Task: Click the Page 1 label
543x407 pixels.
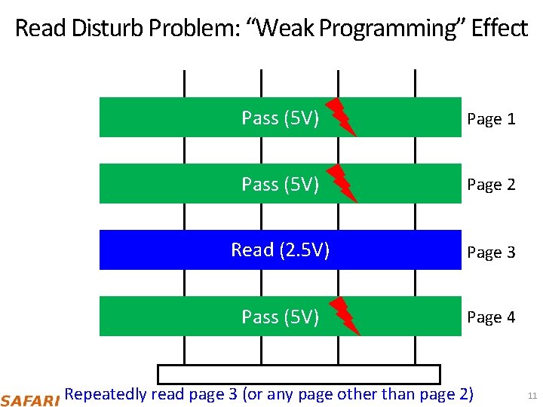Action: click(491, 119)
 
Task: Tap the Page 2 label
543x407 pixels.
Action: click(491, 185)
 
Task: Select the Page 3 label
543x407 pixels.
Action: click(491, 252)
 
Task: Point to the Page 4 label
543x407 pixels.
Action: click(491, 317)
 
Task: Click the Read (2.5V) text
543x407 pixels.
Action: click(281, 250)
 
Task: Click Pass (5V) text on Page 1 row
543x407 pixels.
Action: click(281, 118)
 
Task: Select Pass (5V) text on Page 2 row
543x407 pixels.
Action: click(281, 185)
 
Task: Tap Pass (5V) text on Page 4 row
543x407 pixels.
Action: click(281, 317)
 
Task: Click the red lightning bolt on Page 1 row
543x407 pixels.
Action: click(341, 116)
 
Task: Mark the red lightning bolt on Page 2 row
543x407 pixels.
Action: click(344, 183)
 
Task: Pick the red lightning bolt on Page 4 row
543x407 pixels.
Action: click(345, 316)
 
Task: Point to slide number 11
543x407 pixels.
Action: click(532, 396)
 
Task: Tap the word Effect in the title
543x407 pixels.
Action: click(499, 29)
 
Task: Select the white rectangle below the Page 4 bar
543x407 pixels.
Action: click(298, 374)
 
